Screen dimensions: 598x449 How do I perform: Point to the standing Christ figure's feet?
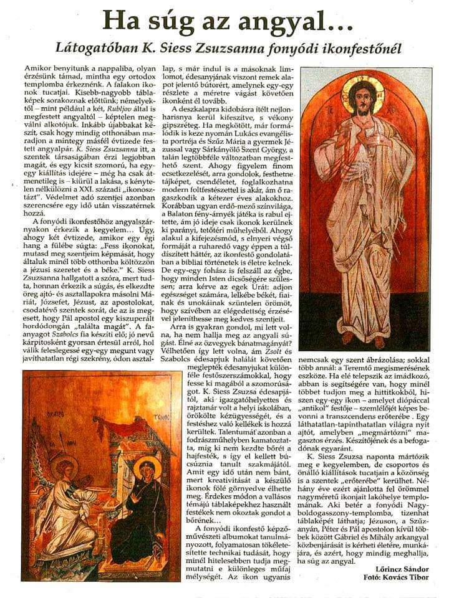[x=365, y=339]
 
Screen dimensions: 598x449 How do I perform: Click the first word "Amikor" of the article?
[x=37, y=66]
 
